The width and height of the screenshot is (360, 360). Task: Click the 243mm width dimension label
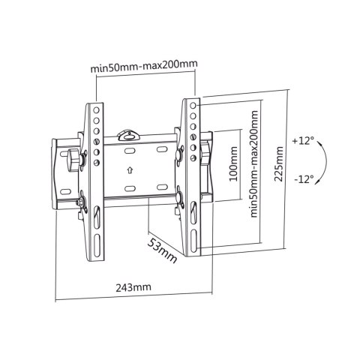coord(133,287)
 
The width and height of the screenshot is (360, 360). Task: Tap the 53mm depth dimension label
coord(162,250)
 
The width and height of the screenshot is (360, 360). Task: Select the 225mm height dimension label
coord(279,163)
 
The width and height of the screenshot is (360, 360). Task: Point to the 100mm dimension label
coord(233,163)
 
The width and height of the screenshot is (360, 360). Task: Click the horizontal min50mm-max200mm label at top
coord(144,65)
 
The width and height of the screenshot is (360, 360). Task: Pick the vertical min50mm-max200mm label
coord(253,163)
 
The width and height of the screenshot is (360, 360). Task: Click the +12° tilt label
coord(303,141)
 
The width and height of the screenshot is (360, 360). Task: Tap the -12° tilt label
coord(304,179)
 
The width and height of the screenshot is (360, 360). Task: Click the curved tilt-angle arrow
coord(324,162)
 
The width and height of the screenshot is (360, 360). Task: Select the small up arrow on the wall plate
coord(130,170)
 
